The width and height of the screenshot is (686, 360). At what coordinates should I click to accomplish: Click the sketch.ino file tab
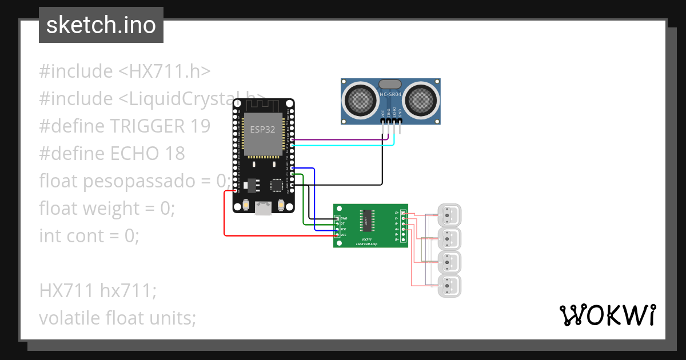pos(101,25)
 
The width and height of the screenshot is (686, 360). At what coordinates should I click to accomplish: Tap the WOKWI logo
pos(607,315)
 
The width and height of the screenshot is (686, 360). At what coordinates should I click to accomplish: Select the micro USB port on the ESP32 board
pos(264,208)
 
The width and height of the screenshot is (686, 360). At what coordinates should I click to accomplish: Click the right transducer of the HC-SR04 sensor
pos(422,101)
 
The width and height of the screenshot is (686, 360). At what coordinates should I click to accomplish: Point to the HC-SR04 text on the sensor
pos(391,94)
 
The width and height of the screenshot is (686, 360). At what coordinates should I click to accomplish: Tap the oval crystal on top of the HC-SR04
pos(391,84)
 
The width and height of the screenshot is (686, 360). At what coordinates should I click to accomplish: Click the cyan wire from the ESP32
pos(343,145)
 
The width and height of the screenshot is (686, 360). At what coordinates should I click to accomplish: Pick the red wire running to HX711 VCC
pos(224,217)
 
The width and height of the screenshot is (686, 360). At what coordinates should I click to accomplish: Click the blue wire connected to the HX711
pos(314,200)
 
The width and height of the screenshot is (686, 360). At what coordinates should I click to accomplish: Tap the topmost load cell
pos(449,215)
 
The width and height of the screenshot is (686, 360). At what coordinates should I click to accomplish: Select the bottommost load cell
pos(449,285)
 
